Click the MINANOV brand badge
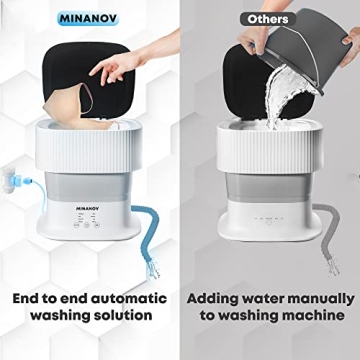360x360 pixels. pyautogui.click(x=90, y=19)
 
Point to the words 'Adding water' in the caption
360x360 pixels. pyautogui.click(x=231, y=298)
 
